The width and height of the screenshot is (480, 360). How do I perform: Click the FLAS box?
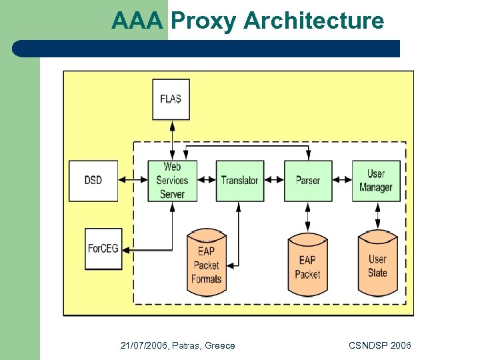click(171, 99)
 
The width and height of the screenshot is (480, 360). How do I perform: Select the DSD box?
click(93, 180)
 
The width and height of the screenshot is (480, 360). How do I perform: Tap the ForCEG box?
click(103, 249)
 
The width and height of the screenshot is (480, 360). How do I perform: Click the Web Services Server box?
click(172, 180)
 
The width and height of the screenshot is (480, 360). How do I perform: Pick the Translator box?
click(239, 180)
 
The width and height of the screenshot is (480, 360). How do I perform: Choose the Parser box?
click(308, 180)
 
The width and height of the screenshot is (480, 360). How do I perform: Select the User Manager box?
click(377, 180)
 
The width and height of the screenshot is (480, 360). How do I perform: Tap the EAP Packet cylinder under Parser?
click(307, 267)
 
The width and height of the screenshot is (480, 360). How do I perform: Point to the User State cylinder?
click(377, 266)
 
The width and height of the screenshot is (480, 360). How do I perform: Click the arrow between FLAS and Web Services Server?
click(172, 140)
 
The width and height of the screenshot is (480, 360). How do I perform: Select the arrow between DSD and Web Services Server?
click(133, 180)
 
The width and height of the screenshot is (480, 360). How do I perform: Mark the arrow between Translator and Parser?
click(274, 180)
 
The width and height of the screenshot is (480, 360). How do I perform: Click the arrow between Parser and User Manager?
click(342, 180)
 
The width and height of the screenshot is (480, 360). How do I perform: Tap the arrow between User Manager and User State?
click(377, 215)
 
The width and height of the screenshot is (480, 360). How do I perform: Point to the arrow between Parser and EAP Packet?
click(308, 216)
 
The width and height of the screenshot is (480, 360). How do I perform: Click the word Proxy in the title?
click(203, 21)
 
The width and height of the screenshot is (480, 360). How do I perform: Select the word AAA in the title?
click(137, 21)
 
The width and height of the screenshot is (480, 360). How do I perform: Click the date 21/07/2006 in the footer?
click(143, 345)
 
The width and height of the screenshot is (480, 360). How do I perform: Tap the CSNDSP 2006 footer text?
click(379, 345)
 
